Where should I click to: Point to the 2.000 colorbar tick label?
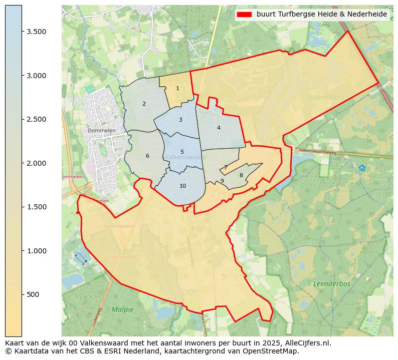click(37, 163)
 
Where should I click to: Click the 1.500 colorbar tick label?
click(37, 207)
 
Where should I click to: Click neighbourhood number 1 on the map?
click(177, 89)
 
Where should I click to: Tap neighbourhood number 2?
click(144, 104)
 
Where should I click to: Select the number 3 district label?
click(180, 120)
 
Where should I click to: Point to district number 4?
click(219, 128)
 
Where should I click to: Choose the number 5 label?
click(182, 152)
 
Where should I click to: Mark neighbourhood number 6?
click(147, 156)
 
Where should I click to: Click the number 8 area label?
click(241, 175)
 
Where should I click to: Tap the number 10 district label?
click(182, 186)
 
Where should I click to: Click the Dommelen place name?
click(102, 131)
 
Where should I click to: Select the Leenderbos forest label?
click(332, 284)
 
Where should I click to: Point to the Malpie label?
click(123, 309)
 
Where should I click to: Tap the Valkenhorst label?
click(326, 97)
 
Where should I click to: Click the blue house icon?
click(362, 168)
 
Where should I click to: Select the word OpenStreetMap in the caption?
click(272, 351)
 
